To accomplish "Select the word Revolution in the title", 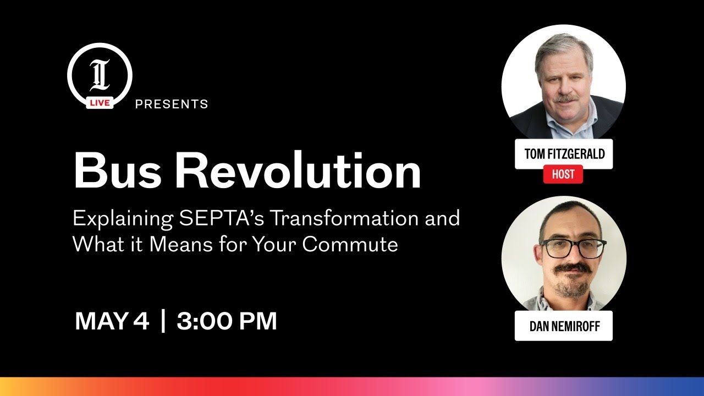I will point(298,171).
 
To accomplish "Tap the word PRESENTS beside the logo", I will point(172,104).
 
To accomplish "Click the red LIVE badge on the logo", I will point(100,102).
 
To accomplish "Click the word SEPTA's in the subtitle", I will point(222,219).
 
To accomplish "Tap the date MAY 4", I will point(112,321).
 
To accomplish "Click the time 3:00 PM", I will point(227,321).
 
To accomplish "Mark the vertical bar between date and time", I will point(163,321).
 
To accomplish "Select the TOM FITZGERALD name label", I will point(564,154).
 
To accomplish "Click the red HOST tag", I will point(563,175).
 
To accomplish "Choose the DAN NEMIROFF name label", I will point(564,326).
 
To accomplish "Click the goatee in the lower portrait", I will point(571,287).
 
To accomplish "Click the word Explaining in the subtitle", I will point(122,219).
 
